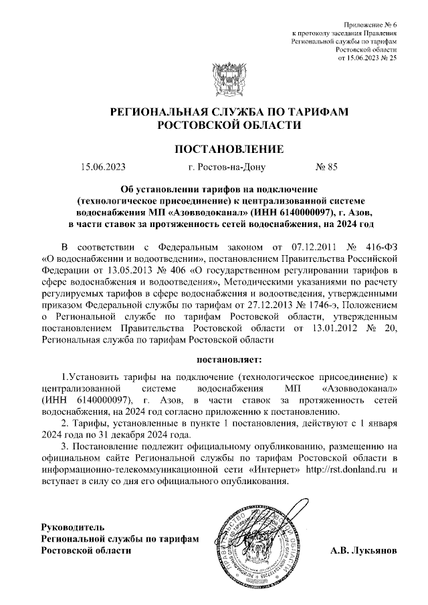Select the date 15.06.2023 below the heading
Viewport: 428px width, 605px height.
pos(102,168)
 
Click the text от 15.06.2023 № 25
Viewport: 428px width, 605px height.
pos(368,59)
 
